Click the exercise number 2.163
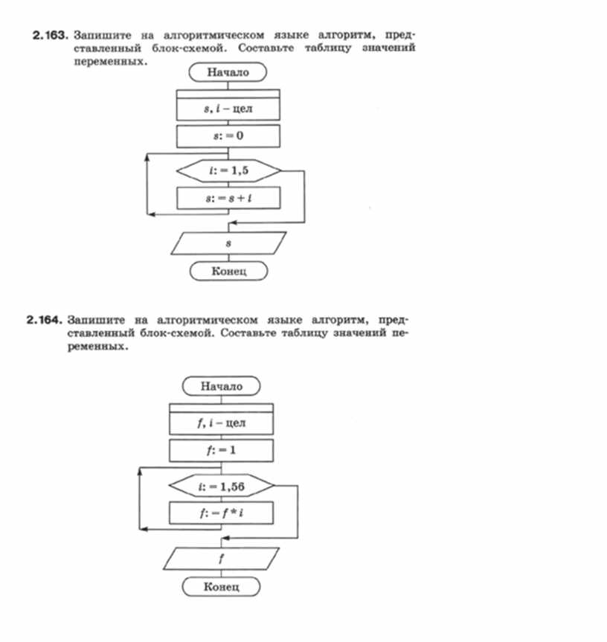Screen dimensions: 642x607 point(51,36)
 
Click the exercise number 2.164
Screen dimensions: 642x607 point(43,321)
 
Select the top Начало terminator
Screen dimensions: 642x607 point(228,73)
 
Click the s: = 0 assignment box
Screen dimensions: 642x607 point(228,136)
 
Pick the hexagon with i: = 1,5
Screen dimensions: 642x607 point(228,170)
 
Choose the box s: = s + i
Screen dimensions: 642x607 point(228,198)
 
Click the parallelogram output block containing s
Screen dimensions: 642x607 point(228,243)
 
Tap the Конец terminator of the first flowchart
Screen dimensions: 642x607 point(228,272)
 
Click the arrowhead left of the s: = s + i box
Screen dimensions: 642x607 point(150,214)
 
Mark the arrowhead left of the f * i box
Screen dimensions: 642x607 point(144,529)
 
